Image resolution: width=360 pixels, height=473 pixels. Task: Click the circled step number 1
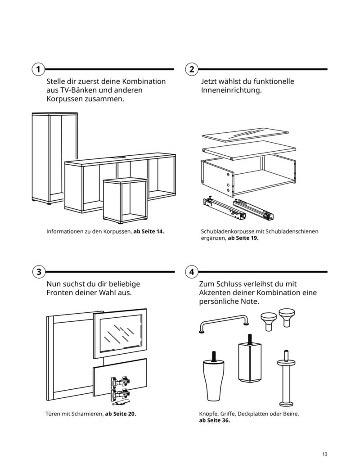pyautogui.click(x=38, y=69)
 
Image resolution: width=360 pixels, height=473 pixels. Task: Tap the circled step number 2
pyautogui.click(x=192, y=69)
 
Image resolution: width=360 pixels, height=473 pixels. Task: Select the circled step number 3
pyautogui.click(x=39, y=272)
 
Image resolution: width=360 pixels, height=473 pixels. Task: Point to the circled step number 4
pyautogui.click(x=192, y=272)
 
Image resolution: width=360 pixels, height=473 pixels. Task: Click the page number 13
pyautogui.click(x=324, y=454)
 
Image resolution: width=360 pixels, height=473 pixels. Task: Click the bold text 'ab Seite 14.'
pyautogui.click(x=149, y=232)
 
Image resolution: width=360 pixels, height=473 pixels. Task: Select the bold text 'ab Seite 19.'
pyautogui.click(x=243, y=239)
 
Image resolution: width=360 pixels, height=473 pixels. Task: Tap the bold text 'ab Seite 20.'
pyautogui.click(x=120, y=414)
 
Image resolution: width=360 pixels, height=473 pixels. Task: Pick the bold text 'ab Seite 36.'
pyautogui.click(x=214, y=421)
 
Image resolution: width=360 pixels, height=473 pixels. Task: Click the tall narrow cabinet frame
pyautogui.click(x=54, y=158)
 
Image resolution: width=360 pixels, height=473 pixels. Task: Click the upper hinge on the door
pyautogui.click(x=118, y=383)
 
